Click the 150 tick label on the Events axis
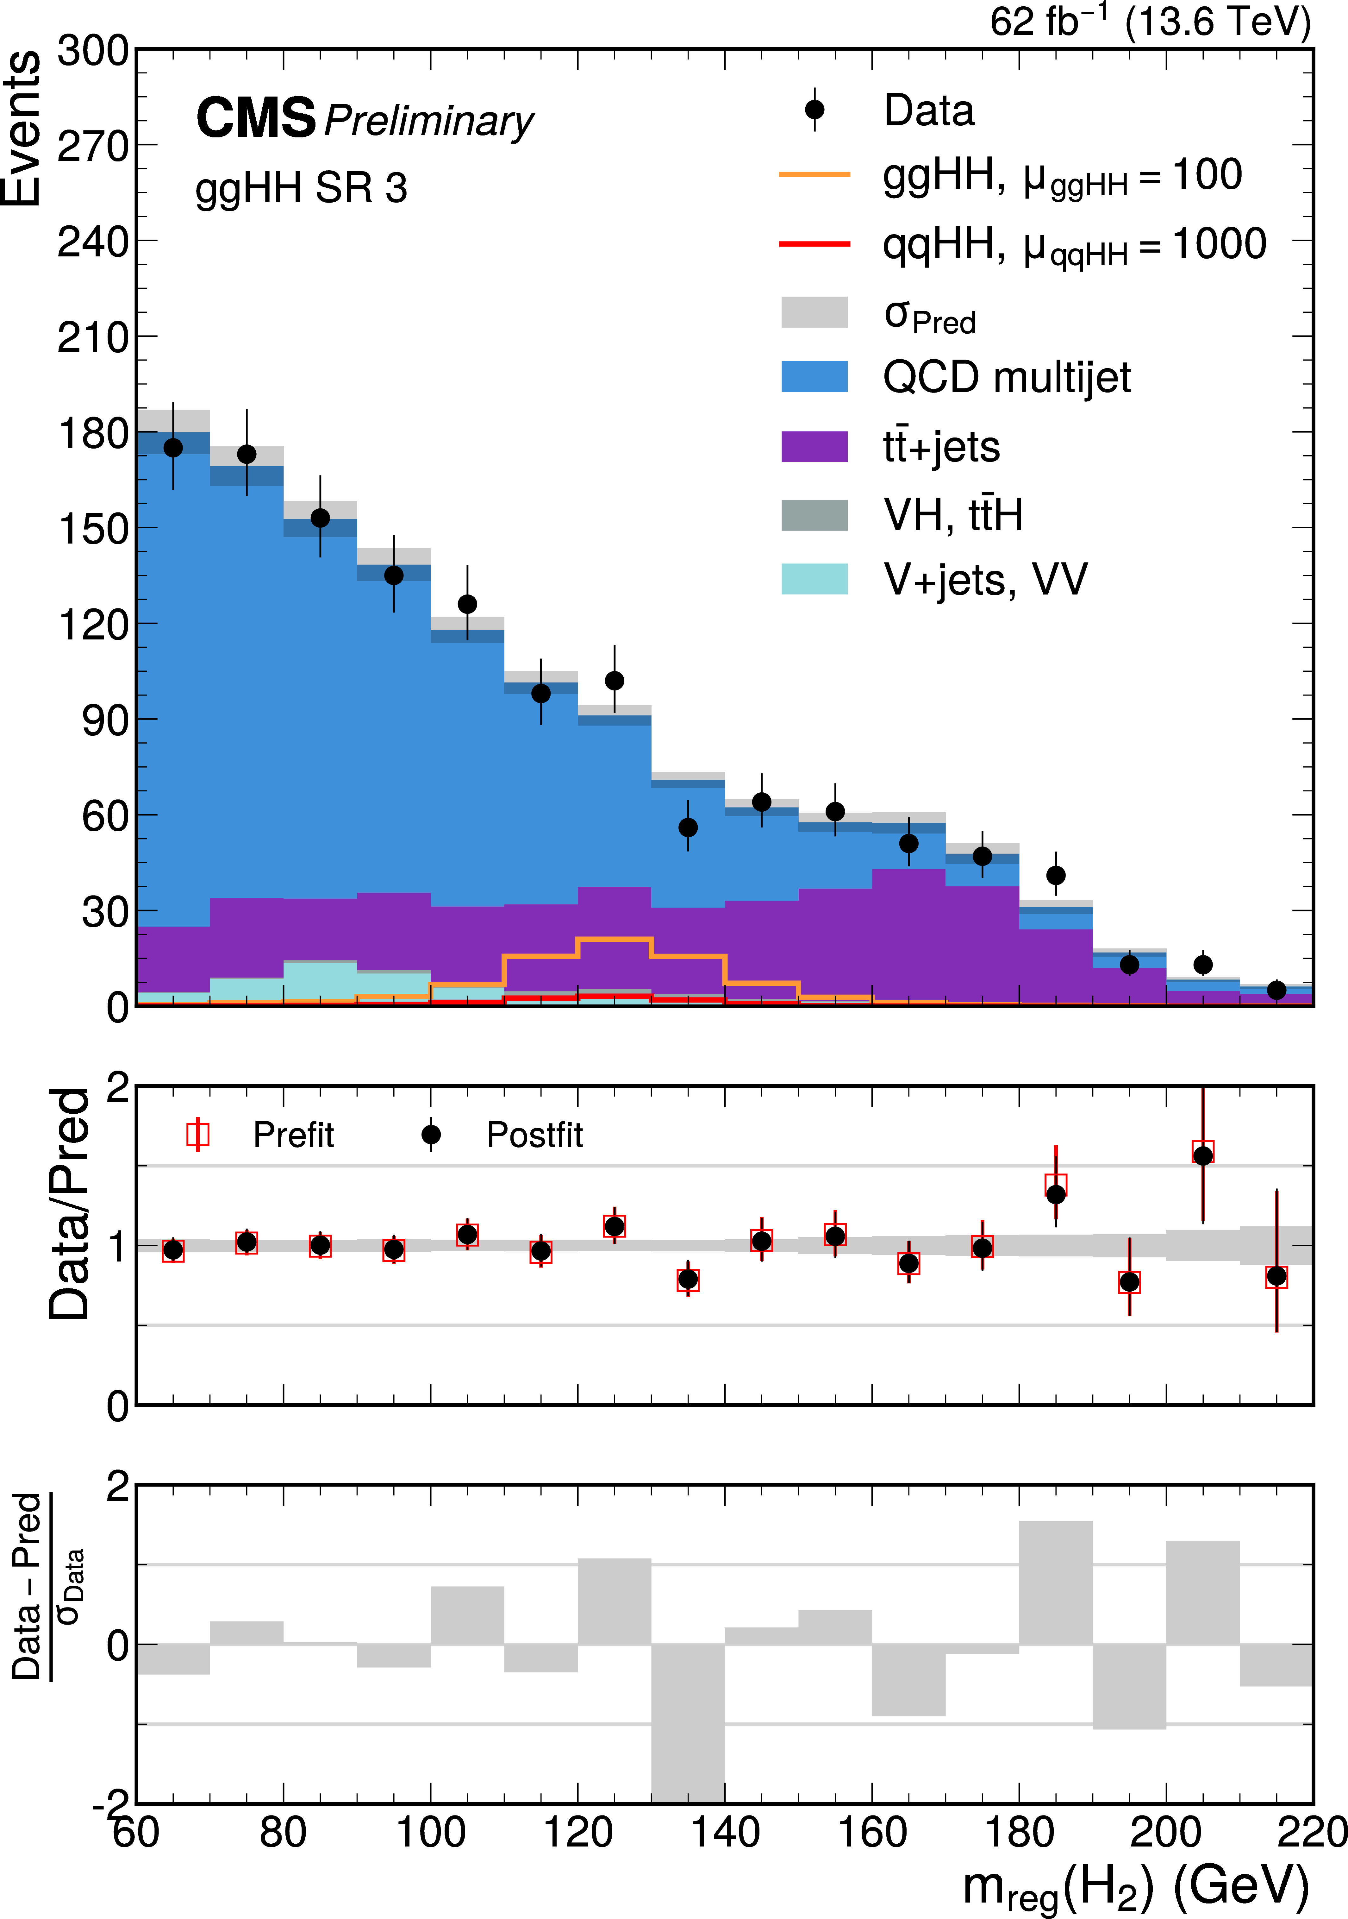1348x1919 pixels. [92, 528]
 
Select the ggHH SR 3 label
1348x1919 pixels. [301, 188]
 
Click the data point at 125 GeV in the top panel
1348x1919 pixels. [614, 680]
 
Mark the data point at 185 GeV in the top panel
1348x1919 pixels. [1056, 875]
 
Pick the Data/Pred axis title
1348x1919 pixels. [69, 1204]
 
